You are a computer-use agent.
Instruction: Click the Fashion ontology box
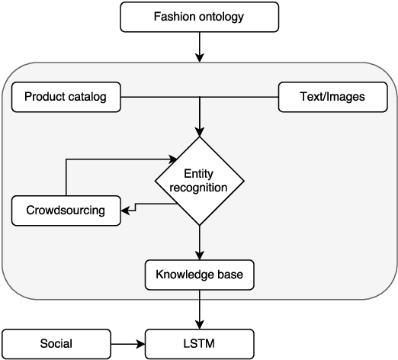[199, 17]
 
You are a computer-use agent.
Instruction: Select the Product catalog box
[67, 97]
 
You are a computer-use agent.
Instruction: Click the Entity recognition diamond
[199, 181]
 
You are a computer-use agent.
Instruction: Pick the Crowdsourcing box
[67, 210]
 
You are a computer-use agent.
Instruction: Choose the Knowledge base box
[199, 275]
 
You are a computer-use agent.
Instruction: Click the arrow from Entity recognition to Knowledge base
[199, 243]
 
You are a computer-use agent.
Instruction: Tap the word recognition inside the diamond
[199, 188]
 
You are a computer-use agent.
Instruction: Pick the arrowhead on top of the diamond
[199, 131]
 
